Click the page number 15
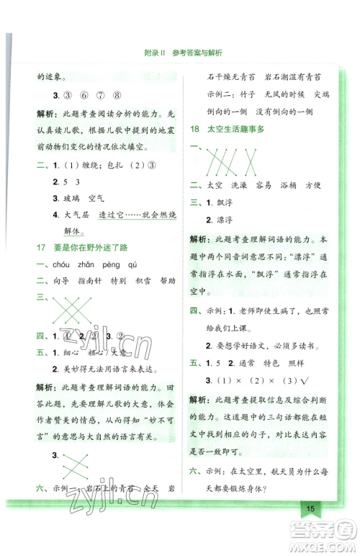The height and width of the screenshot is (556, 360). pos(310,508)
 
